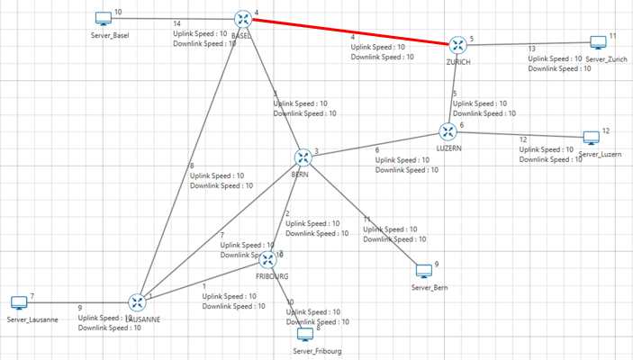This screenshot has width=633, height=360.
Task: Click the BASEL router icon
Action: [x=242, y=19]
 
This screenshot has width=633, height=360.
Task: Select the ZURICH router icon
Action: [x=458, y=45]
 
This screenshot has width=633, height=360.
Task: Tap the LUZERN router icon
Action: [x=448, y=132]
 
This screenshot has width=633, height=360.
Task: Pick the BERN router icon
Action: [x=303, y=157]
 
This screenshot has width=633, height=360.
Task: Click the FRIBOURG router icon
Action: [x=267, y=259]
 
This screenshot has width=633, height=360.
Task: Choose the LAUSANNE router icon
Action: [x=137, y=302]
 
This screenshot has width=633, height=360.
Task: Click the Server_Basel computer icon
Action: [x=103, y=19]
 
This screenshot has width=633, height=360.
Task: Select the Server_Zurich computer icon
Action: [x=598, y=42]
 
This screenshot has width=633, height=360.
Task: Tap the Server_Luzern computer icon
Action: [x=591, y=138]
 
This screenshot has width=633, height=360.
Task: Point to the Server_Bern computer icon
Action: [x=423, y=270]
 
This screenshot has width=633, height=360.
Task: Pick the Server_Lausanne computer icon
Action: [x=19, y=302]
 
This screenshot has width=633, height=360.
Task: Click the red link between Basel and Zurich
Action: [x=350, y=31]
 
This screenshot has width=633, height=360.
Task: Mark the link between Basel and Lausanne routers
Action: [x=189, y=161]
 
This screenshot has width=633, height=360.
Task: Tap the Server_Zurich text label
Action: [x=605, y=58]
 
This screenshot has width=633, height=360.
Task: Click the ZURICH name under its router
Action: [x=458, y=62]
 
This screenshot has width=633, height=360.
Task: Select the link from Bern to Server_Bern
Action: [x=363, y=213]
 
